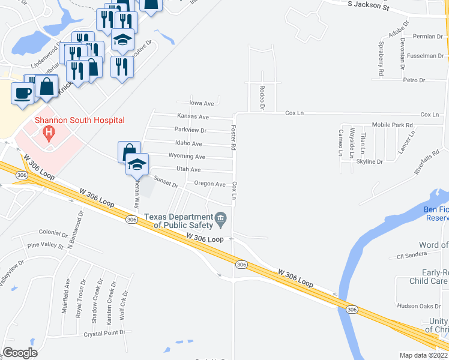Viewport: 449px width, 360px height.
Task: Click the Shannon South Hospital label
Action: [79, 120]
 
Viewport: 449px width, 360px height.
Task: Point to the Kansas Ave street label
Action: [193, 116]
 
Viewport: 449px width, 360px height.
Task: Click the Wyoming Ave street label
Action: [191, 157]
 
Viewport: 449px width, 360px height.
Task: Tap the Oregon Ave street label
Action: [209, 184]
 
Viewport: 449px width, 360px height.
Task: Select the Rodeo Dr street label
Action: [262, 98]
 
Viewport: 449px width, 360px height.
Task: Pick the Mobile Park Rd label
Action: [393, 125]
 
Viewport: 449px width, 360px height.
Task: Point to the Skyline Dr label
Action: [370, 162]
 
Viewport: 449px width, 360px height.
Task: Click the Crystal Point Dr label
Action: [104, 333]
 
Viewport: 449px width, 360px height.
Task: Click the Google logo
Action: [20, 353]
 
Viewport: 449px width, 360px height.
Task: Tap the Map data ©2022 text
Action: [424, 355]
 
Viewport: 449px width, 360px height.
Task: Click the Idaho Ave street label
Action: [188, 144]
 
